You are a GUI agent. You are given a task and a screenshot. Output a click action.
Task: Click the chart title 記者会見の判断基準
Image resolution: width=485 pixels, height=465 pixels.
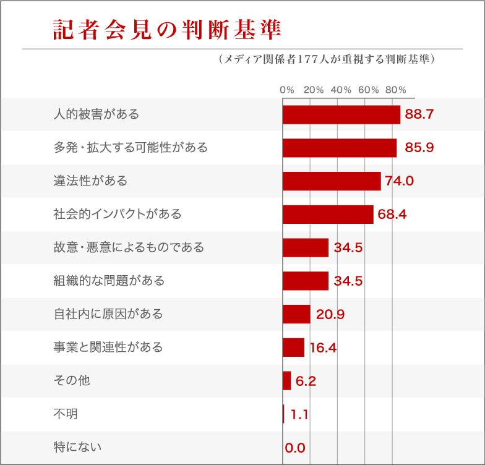(x=166, y=30)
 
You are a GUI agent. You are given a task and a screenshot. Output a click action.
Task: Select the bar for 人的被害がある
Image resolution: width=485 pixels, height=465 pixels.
(x=341, y=114)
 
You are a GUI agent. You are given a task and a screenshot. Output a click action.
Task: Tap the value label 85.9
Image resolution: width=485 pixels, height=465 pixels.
(x=419, y=148)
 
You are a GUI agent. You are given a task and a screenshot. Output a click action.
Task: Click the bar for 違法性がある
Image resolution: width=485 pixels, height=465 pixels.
(x=332, y=181)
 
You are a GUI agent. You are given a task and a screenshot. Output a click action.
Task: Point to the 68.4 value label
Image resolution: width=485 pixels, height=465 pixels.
(x=392, y=215)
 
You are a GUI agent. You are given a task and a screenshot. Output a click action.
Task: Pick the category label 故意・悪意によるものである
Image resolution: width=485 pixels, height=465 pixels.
(x=129, y=247)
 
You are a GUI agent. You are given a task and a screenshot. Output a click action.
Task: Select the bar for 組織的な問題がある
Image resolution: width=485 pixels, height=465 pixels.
(x=306, y=281)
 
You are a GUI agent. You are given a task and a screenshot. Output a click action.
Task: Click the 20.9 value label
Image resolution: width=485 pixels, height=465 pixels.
(x=330, y=314)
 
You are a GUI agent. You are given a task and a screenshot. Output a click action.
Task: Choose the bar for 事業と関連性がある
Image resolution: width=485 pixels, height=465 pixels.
(x=294, y=348)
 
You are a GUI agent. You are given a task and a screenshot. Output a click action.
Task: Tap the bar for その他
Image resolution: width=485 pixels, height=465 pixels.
(x=287, y=381)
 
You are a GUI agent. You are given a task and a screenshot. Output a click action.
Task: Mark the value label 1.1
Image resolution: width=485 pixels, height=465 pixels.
(x=299, y=414)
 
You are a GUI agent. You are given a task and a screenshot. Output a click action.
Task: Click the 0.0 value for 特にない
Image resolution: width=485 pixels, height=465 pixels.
(x=296, y=448)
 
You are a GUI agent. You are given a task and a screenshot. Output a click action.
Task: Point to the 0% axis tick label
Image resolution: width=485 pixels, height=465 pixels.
(x=286, y=90)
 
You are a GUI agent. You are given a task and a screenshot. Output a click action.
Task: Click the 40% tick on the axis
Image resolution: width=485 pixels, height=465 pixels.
(x=341, y=90)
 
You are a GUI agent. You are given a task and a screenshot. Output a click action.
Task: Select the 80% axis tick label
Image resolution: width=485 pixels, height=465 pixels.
(x=395, y=90)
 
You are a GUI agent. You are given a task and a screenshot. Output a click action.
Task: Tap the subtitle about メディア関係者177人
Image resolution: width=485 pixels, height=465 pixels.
(x=327, y=59)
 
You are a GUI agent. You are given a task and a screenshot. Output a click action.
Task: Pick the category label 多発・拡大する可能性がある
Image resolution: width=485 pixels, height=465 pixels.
(x=131, y=148)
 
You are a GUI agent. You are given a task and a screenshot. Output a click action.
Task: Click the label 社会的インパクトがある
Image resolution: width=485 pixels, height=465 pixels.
(x=118, y=215)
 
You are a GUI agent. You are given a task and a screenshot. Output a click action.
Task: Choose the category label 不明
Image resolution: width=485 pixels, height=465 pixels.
(x=66, y=414)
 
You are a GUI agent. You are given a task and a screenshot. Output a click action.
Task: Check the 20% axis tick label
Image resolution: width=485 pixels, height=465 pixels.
(x=314, y=90)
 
